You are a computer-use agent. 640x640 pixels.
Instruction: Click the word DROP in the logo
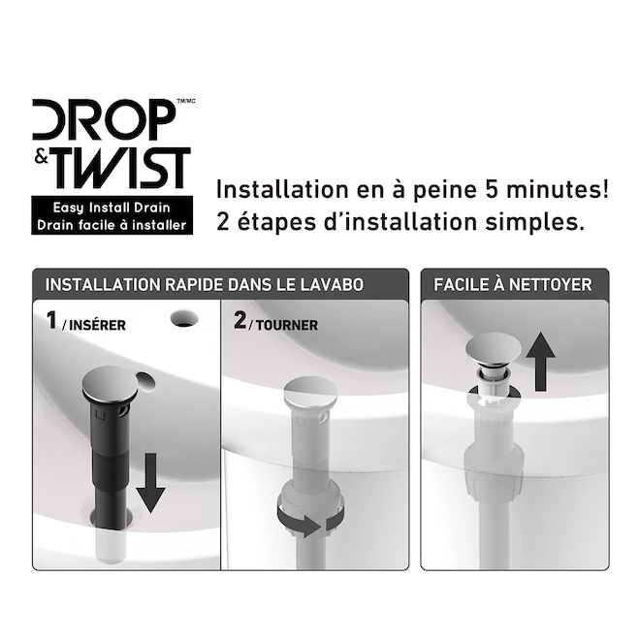point(104,119)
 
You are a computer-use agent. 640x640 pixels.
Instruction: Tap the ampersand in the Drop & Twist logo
point(42,156)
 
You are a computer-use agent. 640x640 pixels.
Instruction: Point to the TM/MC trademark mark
point(186,101)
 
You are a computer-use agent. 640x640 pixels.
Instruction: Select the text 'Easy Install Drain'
point(112,208)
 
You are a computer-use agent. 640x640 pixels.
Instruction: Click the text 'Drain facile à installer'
point(112,225)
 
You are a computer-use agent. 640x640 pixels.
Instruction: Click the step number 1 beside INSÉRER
point(51,320)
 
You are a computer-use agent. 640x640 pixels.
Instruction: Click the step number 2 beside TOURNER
point(240,320)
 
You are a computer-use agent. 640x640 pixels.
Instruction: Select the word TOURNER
point(287,325)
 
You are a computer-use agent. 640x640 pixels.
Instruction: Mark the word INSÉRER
point(98,325)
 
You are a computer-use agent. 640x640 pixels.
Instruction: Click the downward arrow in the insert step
point(150,483)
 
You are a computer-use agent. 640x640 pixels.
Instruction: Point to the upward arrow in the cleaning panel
point(540,362)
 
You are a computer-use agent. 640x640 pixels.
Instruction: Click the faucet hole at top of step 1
point(184,318)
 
